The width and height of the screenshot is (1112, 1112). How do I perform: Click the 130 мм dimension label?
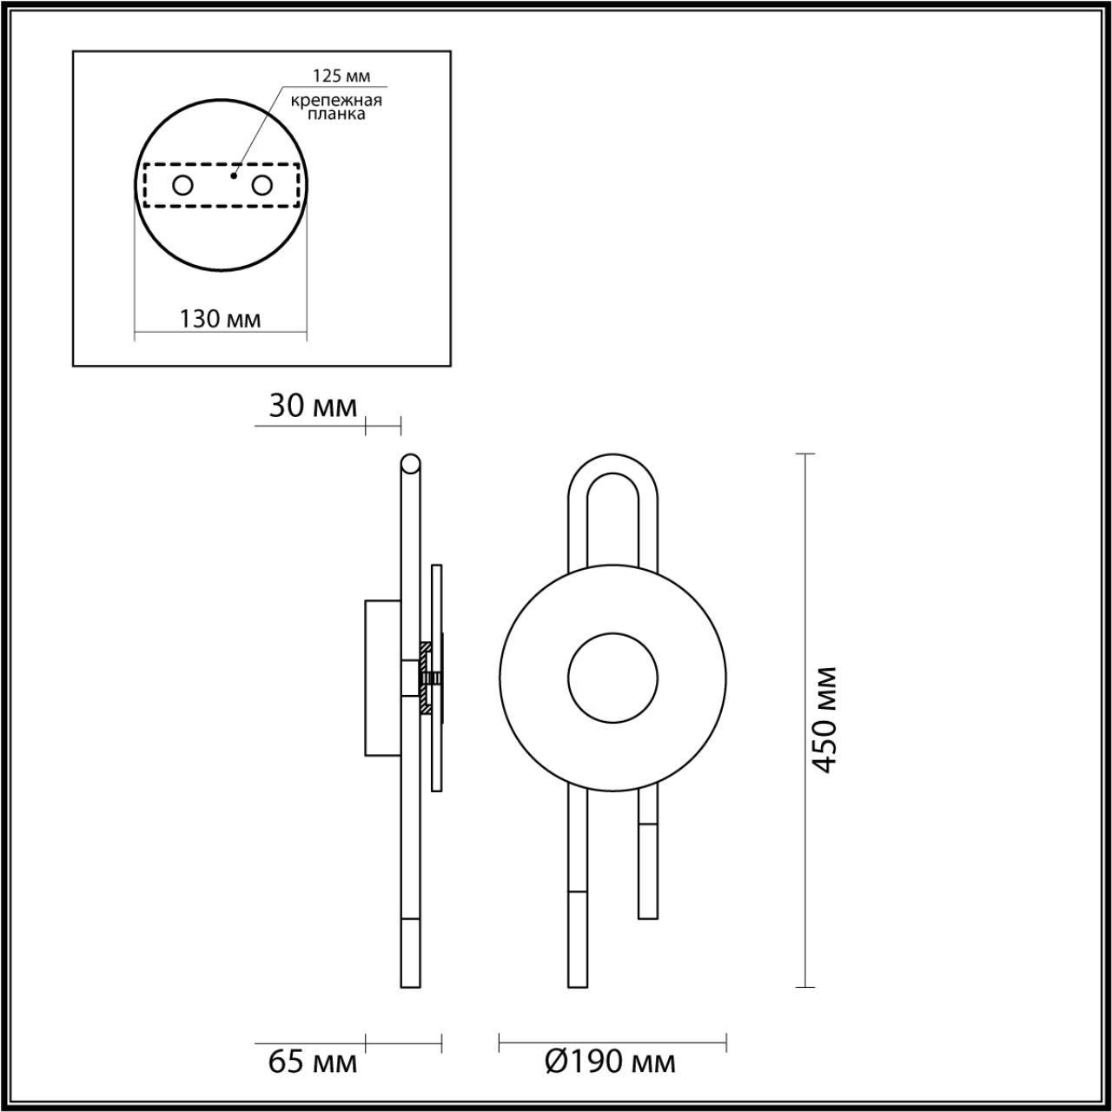click(x=220, y=319)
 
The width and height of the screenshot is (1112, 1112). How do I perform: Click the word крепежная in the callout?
click(x=337, y=100)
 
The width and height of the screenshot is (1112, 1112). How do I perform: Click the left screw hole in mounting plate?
click(x=182, y=185)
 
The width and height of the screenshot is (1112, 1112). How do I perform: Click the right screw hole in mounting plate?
click(x=261, y=185)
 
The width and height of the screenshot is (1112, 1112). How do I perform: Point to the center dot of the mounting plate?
click(x=232, y=175)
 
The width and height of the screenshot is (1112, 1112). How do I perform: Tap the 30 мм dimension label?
click(x=312, y=407)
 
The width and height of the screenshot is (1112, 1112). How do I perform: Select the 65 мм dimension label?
click(x=312, y=1062)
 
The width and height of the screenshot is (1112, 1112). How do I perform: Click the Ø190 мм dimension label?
click(x=611, y=1062)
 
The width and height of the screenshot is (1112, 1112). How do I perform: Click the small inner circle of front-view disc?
click(x=612, y=678)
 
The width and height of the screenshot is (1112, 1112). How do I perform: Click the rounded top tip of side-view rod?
click(x=409, y=460)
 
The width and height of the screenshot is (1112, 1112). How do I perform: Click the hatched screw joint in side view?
click(x=427, y=678)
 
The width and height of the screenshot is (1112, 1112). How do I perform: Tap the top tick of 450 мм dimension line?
click(x=805, y=454)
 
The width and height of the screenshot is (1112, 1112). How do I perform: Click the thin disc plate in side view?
click(x=437, y=608)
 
